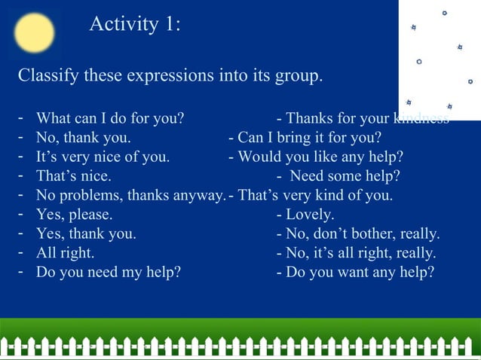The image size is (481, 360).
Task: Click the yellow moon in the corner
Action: click(x=34, y=33)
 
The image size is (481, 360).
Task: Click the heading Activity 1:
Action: click(x=135, y=25)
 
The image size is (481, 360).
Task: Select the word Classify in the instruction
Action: click(x=47, y=76)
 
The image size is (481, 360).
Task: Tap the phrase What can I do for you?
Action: click(x=110, y=119)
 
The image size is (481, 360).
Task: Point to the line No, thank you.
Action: click(x=84, y=138)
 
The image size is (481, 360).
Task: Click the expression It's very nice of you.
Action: click(x=103, y=157)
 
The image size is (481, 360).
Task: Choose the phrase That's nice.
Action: click(x=74, y=176)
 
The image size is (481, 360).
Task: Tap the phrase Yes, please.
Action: click(x=75, y=215)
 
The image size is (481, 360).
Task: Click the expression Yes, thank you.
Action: click(x=86, y=233)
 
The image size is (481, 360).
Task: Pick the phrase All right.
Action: click(x=66, y=252)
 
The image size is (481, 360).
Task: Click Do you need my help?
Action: click(x=109, y=272)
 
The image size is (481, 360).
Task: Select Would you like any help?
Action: click(x=320, y=157)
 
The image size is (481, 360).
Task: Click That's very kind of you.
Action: click(x=315, y=195)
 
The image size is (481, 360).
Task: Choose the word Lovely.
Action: click(x=310, y=215)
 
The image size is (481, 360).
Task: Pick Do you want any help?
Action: click(x=360, y=272)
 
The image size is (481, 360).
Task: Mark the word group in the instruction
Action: click(x=296, y=77)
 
